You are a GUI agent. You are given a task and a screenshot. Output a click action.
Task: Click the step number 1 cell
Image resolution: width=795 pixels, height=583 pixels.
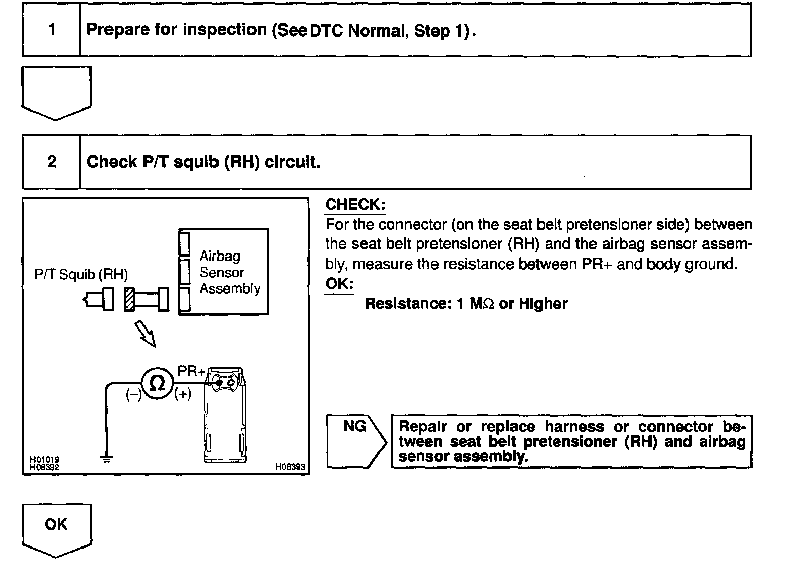51,30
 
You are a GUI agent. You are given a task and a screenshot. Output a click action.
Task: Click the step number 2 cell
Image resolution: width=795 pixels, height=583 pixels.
51,162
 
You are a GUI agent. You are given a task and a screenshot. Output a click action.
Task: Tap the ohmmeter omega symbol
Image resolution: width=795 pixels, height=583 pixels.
157,383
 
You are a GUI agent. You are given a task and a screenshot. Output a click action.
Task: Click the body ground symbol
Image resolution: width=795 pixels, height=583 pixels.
106,459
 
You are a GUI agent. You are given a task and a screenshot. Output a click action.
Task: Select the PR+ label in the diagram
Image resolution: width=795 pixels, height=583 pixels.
191,371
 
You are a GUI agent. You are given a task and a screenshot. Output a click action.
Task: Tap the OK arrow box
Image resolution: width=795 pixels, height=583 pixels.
56,527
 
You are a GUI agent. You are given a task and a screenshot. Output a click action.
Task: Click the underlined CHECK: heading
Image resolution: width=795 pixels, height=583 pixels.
355,205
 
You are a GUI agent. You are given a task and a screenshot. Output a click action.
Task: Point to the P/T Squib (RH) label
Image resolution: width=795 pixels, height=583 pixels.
81,275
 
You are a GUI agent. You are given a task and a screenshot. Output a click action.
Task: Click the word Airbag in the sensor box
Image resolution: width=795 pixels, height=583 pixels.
220,256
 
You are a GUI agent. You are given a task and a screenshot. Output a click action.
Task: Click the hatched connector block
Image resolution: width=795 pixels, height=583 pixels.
129,300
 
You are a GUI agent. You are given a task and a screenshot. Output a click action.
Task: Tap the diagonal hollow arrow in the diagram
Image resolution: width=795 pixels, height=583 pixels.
145,335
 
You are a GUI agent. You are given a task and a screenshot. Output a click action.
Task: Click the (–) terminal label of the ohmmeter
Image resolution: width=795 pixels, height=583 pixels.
134,395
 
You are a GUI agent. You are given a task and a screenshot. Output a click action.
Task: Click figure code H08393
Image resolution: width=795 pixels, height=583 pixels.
290,467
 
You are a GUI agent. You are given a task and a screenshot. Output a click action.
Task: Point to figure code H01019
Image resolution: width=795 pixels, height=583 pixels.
44,460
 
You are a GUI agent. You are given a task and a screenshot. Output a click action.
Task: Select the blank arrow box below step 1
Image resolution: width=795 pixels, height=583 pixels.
56,91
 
